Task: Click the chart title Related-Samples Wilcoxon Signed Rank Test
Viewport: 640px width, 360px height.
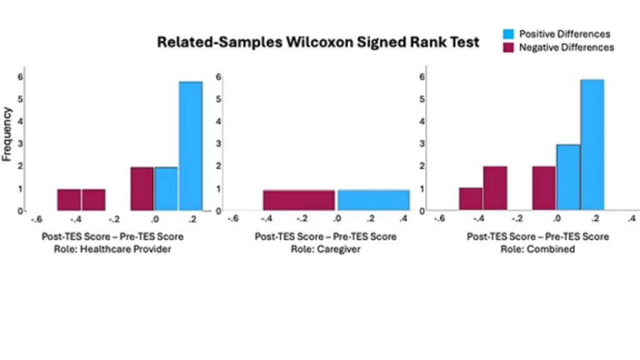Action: click(318, 42)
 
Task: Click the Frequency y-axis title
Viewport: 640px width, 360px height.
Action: click(7, 134)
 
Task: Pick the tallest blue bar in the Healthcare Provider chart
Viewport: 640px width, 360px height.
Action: click(191, 146)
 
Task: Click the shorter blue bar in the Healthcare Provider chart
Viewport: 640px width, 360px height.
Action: click(166, 189)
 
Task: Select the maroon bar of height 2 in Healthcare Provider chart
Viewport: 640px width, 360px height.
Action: click(142, 189)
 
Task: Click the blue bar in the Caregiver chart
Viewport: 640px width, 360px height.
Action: click(373, 200)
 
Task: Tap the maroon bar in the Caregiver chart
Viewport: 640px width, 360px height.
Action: click(299, 200)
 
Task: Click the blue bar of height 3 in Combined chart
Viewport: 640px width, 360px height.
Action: click(568, 177)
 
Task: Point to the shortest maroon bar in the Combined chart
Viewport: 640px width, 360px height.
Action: click(471, 199)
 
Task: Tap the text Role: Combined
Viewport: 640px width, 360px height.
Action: click(537, 249)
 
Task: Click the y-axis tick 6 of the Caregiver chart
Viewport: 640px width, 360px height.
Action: click(218, 77)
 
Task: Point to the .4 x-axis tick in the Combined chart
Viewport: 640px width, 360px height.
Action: click(631, 218)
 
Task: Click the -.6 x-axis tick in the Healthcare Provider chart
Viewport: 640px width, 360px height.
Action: click(36, 219)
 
